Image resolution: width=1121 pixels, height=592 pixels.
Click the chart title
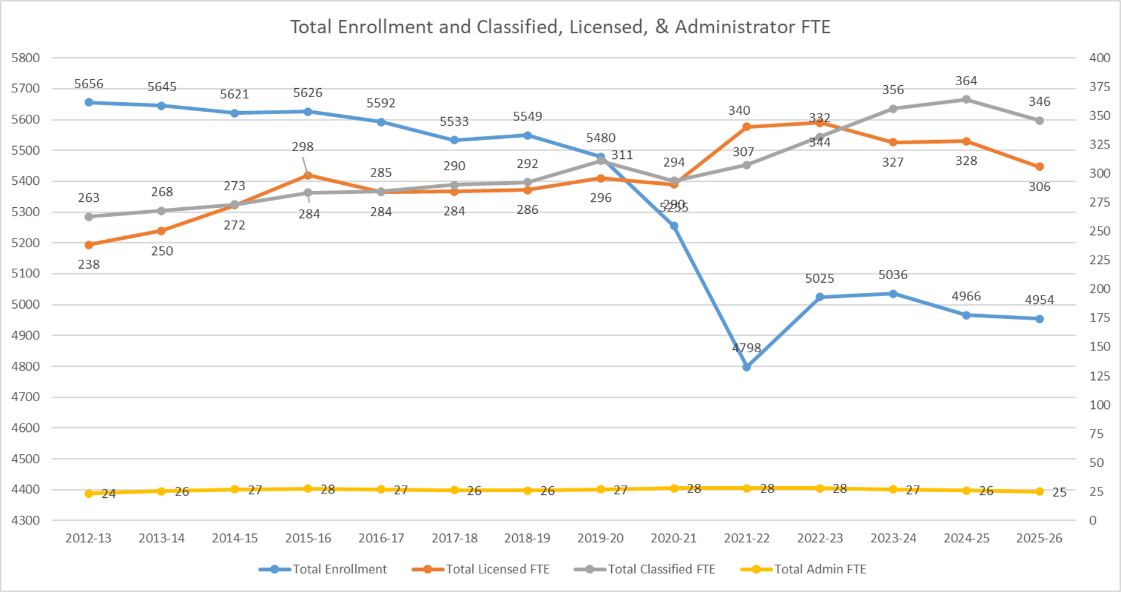560,27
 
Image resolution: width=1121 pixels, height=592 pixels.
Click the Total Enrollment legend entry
323,569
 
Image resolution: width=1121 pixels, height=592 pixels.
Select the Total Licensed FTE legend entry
481,569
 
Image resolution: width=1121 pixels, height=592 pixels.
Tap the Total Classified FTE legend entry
644,569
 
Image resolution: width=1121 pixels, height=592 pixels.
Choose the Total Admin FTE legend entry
803,569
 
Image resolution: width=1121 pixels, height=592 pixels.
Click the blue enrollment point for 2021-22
747,367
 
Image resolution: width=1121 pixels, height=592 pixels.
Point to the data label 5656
89,84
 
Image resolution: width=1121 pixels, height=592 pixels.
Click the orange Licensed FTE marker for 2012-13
89,245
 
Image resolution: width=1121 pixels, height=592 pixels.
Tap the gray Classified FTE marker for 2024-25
966,99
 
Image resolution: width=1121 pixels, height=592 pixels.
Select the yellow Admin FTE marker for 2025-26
1039,492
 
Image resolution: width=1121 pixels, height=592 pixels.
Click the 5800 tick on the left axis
25,58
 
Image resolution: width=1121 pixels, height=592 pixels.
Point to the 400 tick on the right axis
1099,58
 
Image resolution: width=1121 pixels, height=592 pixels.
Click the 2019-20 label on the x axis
600,538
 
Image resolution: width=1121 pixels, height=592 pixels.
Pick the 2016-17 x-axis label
381,538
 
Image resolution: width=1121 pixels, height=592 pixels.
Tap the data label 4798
747,348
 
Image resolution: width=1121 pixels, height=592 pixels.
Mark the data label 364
966,81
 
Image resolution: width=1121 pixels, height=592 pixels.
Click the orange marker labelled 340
747,127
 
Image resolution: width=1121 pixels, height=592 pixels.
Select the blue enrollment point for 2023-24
893,294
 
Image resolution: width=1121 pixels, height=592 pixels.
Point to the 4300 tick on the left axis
25,520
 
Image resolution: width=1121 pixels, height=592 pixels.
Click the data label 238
89,265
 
